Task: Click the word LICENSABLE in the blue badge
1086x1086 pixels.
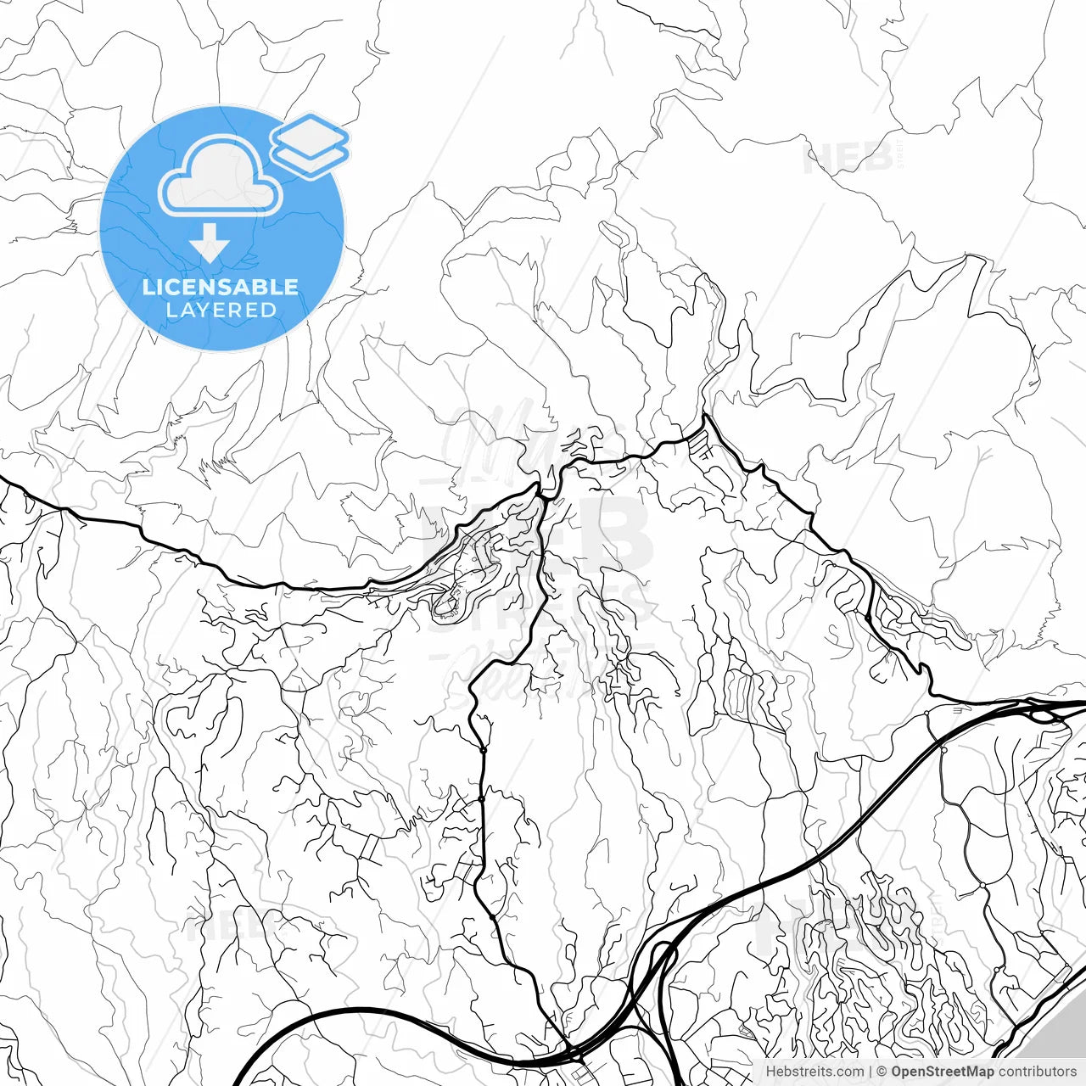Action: (221, 287)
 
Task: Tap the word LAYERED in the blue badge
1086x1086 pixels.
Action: (221, 311)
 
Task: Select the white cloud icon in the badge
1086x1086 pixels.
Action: (221, 176)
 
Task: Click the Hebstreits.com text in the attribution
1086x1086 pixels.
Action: (814, 1072)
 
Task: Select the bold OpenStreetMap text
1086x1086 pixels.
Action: (943, 1072)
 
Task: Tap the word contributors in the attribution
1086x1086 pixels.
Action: (1037, 1072)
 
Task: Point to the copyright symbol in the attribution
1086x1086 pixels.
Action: (882, 1072)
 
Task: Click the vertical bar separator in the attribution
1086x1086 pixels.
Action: (870, 1072)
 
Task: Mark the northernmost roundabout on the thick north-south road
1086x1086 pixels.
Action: (482, 750)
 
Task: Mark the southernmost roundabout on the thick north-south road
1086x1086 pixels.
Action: (493, 917)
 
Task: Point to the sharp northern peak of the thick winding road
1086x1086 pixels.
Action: (705, 415)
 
